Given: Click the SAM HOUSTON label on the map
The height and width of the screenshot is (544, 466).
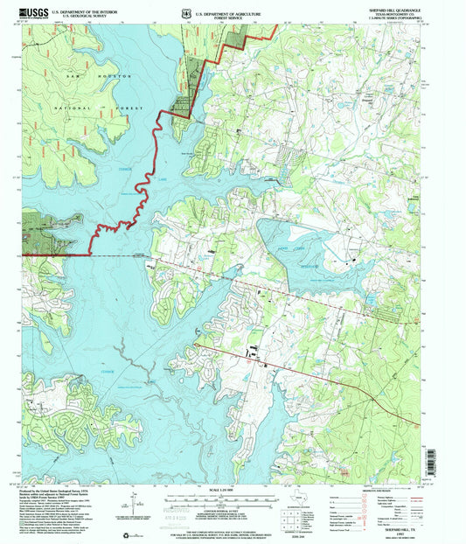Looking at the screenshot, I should point(97,77).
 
